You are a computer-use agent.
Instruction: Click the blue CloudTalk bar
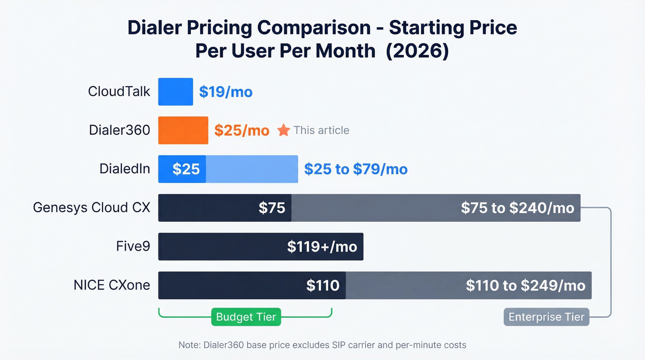[x=176, y=92]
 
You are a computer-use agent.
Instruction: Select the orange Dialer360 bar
[x=183, y=130]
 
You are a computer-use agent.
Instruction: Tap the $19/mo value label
[x=226, y=92]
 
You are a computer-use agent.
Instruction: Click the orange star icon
[x=283, y=130]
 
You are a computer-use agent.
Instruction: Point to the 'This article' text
[x=321, y=130]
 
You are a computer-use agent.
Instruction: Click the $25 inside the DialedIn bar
[x=186, y=169]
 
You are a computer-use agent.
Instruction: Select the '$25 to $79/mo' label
[x=356, y=169]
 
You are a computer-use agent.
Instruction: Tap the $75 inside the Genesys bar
[x=272, y=208]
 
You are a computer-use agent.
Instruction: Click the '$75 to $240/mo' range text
[x=517, y=208]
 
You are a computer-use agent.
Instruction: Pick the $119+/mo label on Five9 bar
[x=322, y=247]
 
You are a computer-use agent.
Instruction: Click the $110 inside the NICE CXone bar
[x=322, y=285]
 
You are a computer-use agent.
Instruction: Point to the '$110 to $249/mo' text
[x=525, y=285]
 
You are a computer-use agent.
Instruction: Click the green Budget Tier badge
[x=246, y=317]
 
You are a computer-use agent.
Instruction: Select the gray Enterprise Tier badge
[x=546, y=317]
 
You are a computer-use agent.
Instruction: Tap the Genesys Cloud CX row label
[x=92, y=208]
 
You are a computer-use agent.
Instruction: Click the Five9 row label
[x=133, y=247]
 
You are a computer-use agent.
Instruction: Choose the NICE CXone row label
[x=112, y=285]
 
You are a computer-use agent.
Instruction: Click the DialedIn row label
[x=125, y=169]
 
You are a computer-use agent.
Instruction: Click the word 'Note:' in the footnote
[x=188, y=345]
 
